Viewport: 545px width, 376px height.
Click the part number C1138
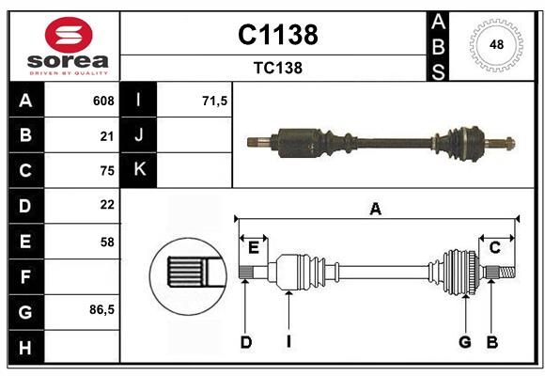277,35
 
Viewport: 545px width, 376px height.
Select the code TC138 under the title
277,69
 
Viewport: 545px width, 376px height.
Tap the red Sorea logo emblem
69,36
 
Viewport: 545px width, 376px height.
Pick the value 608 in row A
103,101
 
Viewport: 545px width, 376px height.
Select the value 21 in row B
106,135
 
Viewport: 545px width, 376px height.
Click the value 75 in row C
106,170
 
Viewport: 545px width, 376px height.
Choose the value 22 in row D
106,204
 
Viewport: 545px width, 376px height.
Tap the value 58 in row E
106,242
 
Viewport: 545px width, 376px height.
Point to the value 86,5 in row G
101,309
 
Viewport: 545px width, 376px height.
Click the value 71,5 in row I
215,101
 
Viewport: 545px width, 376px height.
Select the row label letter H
24,348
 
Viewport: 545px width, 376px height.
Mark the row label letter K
139,170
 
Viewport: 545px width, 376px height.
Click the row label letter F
24,276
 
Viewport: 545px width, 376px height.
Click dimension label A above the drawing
376,210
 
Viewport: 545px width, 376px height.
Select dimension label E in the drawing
254,247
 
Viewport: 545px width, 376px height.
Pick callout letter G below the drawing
464,342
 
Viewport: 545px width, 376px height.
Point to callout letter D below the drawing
245,342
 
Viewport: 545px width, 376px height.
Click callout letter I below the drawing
289,342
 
